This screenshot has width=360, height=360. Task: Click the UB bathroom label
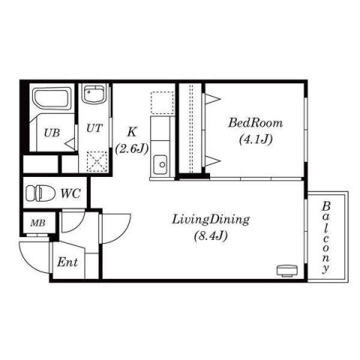pos(51,133)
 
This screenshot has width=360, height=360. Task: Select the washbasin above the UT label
pos(94,97)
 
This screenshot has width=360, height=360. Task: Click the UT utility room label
pos(94,128)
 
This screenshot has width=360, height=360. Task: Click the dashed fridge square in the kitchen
pos(161,103)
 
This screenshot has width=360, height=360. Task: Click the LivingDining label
pos(210,220)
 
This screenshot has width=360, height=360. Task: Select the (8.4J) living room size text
pos(210,236)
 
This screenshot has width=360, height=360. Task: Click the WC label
pos(70,193)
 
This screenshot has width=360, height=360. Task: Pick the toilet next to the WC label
pos(40,193)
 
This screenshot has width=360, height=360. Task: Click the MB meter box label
pos(36,223)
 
